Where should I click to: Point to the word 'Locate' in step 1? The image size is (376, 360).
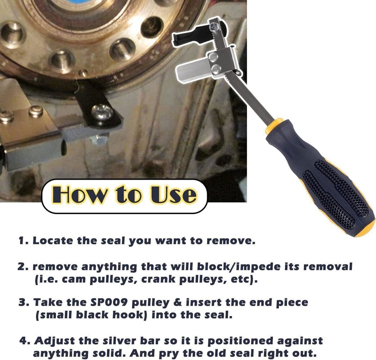(x=51, y=241)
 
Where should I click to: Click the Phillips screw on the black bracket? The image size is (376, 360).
(x=102, y=112)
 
